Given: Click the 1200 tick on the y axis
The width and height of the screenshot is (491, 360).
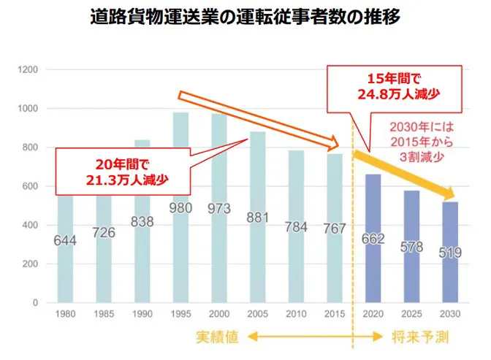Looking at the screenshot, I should (30, 69).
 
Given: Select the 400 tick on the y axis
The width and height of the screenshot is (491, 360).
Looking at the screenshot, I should (33, 225).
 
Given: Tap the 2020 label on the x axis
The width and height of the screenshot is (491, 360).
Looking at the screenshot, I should (372, 314).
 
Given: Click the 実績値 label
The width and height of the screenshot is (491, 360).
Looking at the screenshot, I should (213, 337).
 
